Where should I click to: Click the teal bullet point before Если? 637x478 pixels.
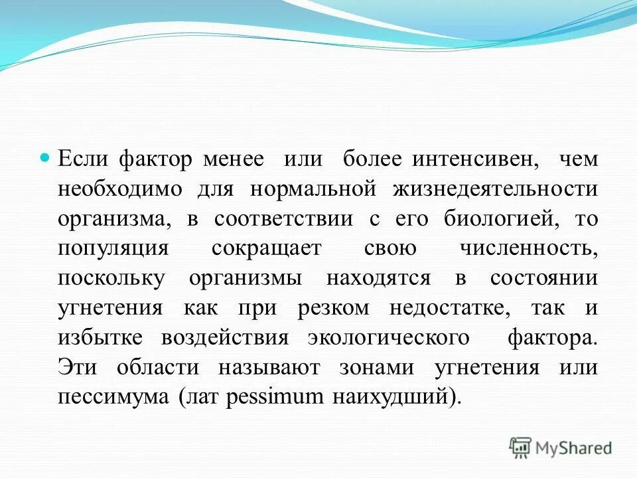tap(45, 159)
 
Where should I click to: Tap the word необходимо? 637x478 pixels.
tap(119, 189)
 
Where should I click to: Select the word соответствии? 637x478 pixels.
tap(283, 219)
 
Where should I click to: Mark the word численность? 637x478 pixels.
tap(528, 248)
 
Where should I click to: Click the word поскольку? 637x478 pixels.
tap(111, 278)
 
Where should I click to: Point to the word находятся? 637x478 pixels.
tap(379, 278)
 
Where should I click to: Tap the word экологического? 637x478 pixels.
tap(389, 337)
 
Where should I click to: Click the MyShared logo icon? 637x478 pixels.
tap(521, 447)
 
